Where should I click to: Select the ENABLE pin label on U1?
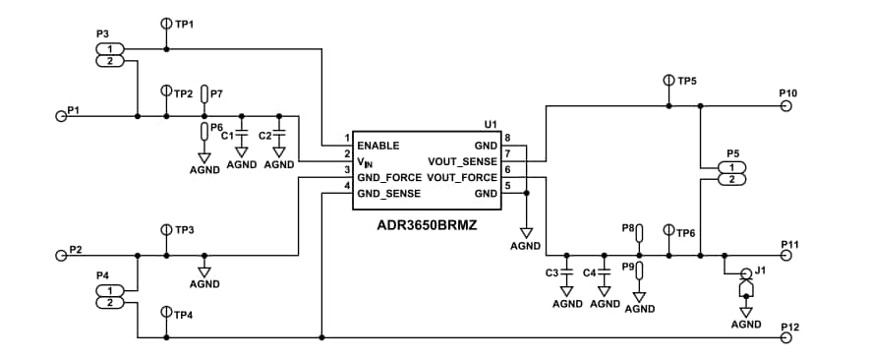(377, 145)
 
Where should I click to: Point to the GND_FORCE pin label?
(388, 178)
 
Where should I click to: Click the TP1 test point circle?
(166, 23)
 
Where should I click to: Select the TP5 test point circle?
(669, 80)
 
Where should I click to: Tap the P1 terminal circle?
(60, 116)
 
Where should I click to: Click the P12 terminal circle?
(785, 338)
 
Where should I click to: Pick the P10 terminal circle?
(785, 106)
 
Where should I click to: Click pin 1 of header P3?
(110, 49)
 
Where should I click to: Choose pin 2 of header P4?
(110, 303)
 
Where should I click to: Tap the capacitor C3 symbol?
(566, 271)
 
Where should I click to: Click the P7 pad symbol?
(204, 94)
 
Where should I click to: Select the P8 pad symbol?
(639, 233)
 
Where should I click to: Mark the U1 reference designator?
(492, 125)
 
